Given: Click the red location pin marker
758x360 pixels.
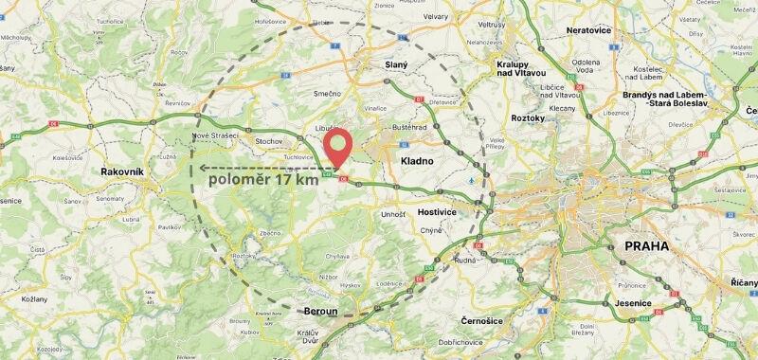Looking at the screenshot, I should pos(337,148).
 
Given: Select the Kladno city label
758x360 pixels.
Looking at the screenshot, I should pos(417,161).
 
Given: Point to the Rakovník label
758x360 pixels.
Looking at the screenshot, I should pos(122,171).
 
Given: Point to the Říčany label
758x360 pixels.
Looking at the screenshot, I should pos(743,282).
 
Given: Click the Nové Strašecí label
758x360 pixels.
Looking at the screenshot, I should pos(212,135).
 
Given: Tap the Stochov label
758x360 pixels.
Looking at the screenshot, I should pos(270,141).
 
